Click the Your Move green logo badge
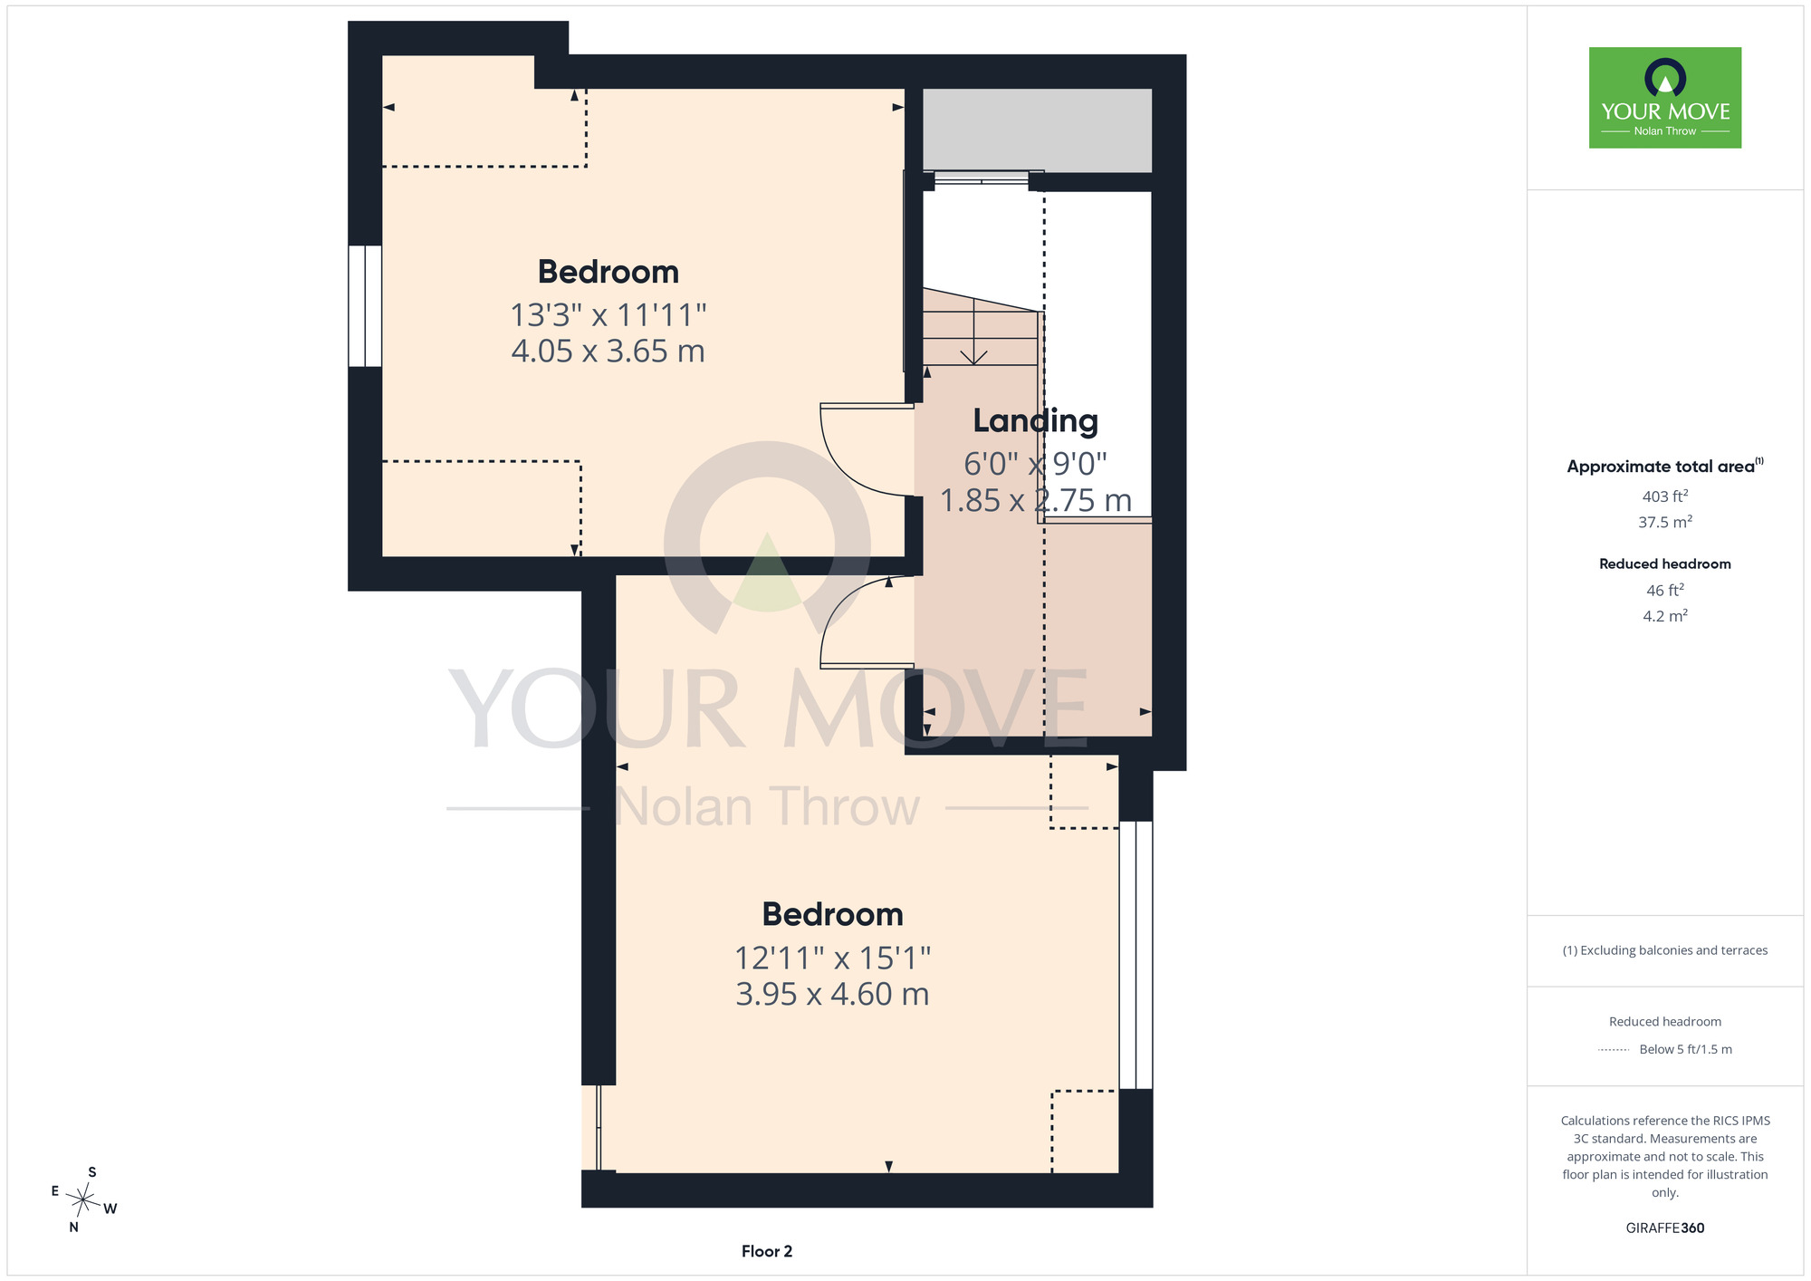[x=1664, y=98]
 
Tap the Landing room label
[x=1035, y=421]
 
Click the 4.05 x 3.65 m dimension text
[x=608, y=352]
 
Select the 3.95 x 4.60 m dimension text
[x=832, y=995]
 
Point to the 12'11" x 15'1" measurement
[x=832, y=958]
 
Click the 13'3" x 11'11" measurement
[x=608, y=315]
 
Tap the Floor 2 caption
[x=767, y=1251]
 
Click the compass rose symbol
[x=82, y=1201]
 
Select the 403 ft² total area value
[x=1664, y=496]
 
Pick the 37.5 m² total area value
[x=1664, y=522]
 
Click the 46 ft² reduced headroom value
[x=1664, y=591]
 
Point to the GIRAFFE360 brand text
[x=1664, y=1228]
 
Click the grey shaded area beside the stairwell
[x=1037, y=130]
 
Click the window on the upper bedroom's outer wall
[x=365, y=306]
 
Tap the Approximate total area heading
[x=1664, y=467]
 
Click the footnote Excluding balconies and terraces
[x=1664, y=950]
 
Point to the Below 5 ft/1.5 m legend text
[x=1685, y=1050]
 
